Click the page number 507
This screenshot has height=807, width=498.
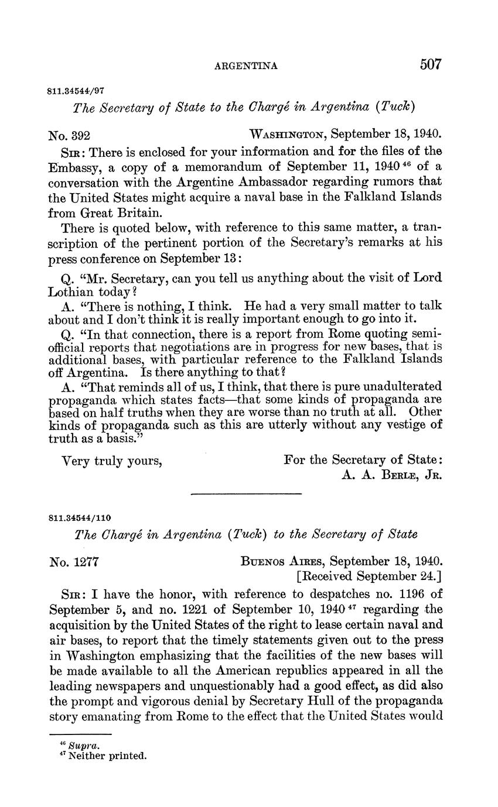430,64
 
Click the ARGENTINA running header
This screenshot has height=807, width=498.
245,66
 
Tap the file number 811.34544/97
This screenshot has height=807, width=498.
76,91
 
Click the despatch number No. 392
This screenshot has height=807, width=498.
69,136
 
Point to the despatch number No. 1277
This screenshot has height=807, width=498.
73,562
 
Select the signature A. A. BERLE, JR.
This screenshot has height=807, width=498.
390,475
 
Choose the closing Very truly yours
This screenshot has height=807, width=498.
111,461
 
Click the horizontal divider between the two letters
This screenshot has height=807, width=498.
246,494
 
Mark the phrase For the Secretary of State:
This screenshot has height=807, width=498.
363,460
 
